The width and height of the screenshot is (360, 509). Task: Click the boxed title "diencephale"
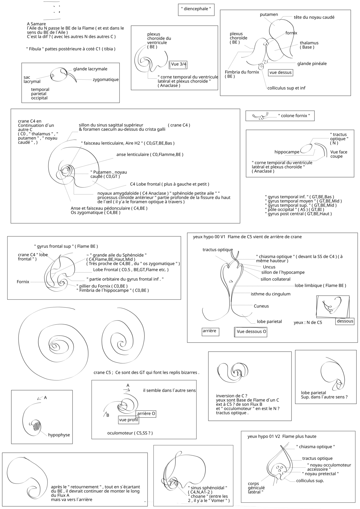point(196,9)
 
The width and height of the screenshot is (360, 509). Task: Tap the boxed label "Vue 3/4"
point(179,64)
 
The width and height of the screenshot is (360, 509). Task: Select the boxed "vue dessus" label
point(280,72)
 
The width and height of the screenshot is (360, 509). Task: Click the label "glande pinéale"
point(312,64)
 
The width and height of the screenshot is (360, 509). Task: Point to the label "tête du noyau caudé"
point(314,17)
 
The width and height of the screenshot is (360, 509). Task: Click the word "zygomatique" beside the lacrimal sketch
point(106,80)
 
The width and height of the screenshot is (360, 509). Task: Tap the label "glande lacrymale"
point(90,69)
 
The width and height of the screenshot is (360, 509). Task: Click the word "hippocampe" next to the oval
point(286,152)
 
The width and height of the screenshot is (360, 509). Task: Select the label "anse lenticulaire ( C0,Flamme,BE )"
point(150,154)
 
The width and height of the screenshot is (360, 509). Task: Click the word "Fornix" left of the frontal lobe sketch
point(23,282)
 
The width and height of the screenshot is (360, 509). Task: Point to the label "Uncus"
point(269,267)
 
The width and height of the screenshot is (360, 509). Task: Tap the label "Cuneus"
point(261,306)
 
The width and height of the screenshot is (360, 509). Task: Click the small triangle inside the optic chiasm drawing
point(231,281)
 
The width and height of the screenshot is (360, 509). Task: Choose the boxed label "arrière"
point(209,331)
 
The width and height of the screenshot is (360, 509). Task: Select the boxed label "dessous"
point(345,321)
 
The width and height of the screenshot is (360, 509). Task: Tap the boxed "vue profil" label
point(128,420)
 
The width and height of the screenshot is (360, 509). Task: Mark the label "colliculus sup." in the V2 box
point(310,481)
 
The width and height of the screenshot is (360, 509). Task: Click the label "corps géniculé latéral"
point(256,488)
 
